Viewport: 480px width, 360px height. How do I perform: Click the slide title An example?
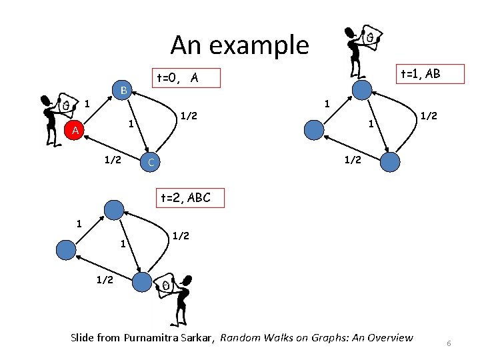tap(240, 45)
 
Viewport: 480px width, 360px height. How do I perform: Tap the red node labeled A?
tap(76, 131)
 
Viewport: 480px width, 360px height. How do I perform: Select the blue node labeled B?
tap(124, 91)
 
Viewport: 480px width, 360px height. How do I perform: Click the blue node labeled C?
tap(151, 162)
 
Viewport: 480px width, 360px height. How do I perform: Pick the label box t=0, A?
tap(177, 79)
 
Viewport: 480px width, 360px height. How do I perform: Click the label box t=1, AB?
tap(419, 74)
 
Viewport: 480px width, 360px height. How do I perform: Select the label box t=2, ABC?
tap(185, 197)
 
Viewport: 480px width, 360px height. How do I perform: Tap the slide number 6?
tap(449, 343)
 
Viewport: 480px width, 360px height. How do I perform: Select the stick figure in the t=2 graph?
tap(175, 301)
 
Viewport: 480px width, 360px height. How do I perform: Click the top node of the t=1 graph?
tap(362, 90)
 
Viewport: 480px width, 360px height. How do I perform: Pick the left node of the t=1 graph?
tap(313, 129)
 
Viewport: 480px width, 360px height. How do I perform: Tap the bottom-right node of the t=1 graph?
tap(389, 161)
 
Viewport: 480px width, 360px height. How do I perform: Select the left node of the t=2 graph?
tap(67, 249)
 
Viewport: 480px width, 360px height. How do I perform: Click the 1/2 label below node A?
tap(111, 160)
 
